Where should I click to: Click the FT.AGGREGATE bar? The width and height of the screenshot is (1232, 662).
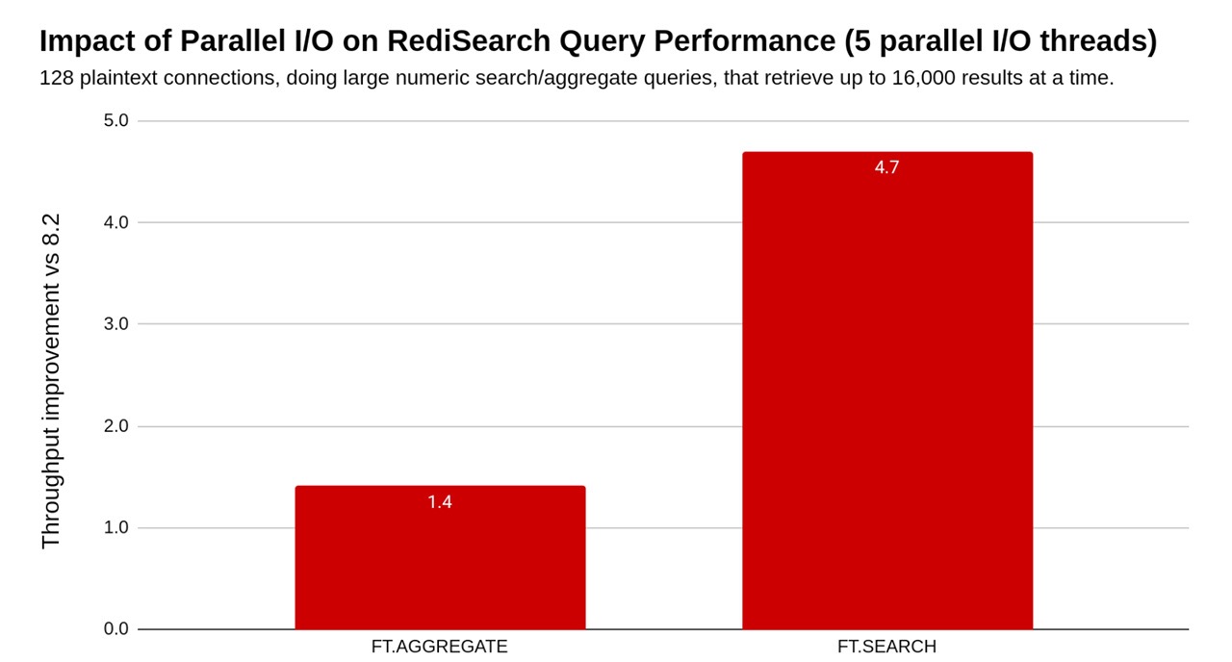(440, 558)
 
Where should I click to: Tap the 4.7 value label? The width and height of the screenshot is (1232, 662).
(886, 167)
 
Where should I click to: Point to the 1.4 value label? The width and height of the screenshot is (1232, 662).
(440, 501)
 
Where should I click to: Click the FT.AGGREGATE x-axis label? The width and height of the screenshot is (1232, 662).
(439, 647)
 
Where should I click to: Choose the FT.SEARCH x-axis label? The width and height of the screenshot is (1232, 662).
(886, 647)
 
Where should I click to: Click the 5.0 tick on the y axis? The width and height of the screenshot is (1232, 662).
(116, 121)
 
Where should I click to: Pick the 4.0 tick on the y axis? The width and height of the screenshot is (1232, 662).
(116, 222)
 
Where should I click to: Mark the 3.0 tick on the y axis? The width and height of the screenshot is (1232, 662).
(116, 324)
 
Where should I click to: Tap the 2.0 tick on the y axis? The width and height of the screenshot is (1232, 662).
(116, 426)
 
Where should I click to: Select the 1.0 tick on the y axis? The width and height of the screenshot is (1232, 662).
(116, 527)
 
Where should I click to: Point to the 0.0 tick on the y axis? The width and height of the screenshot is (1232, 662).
(116, 629)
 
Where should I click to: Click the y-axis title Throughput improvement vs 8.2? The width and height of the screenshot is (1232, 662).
(51, 381)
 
